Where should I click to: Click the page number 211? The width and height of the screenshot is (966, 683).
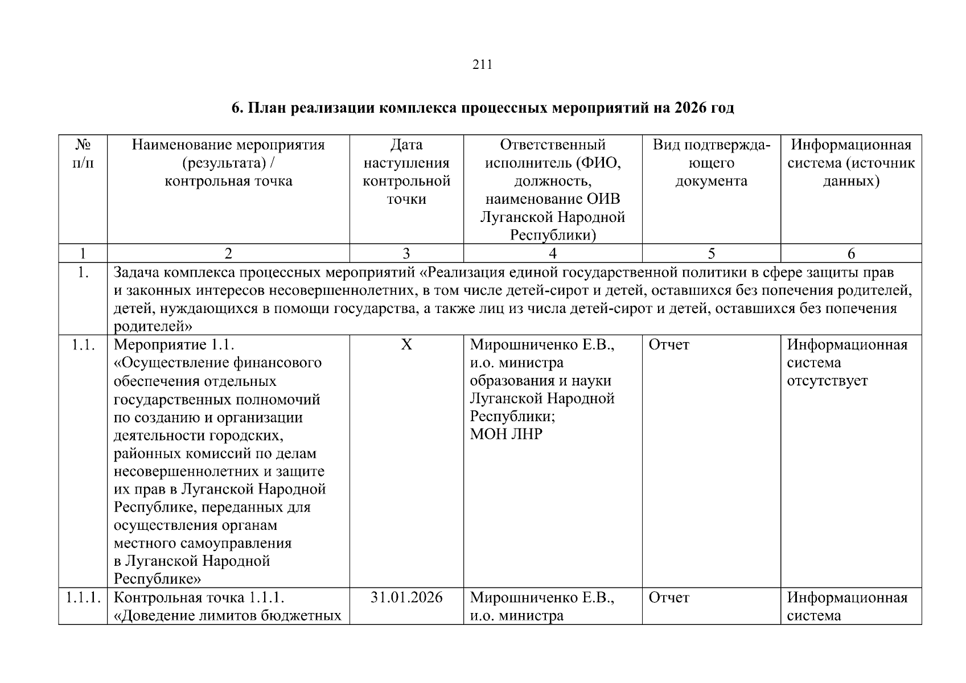pos(482,65)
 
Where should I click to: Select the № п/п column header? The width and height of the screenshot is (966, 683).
pos(83,154)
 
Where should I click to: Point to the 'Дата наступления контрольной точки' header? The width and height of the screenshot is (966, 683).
pos(406,172)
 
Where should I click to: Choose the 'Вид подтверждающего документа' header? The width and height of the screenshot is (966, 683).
pos(711,163)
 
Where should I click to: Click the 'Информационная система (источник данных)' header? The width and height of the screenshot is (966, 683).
pos(850,163)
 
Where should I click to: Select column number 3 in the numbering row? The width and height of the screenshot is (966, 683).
pos(406,254)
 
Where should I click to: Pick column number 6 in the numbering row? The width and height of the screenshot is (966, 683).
pos(851,254)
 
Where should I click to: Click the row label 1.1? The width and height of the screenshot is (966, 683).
pos(83,345)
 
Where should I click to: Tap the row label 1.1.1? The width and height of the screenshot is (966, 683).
pos(83,598)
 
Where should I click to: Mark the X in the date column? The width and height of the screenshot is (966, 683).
pos(406,345)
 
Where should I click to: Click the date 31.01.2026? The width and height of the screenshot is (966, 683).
pos(406,598)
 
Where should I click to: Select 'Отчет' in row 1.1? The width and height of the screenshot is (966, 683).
pos(669,345)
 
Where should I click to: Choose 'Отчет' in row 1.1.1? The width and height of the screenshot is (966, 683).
pos(669,598)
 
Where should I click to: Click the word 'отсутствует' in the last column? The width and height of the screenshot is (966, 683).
pos(827,381)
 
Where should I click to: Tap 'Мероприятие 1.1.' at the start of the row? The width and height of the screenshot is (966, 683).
pos(174,345)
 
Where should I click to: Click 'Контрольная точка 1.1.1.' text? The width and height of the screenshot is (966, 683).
pos(199,598)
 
